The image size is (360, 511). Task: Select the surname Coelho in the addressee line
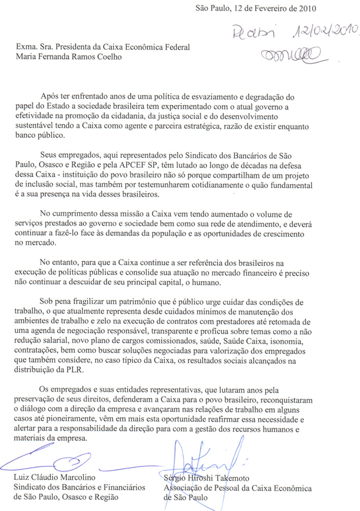coord(111,57)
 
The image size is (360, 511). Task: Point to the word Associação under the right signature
coord(183,488)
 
